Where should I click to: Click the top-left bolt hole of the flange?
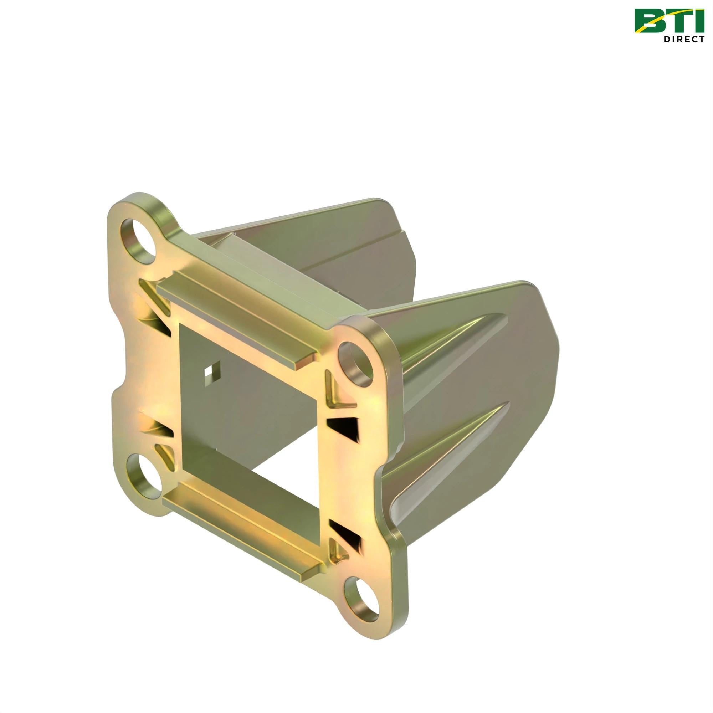139,241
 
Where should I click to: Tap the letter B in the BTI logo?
650,21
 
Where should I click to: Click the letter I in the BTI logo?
698,21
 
